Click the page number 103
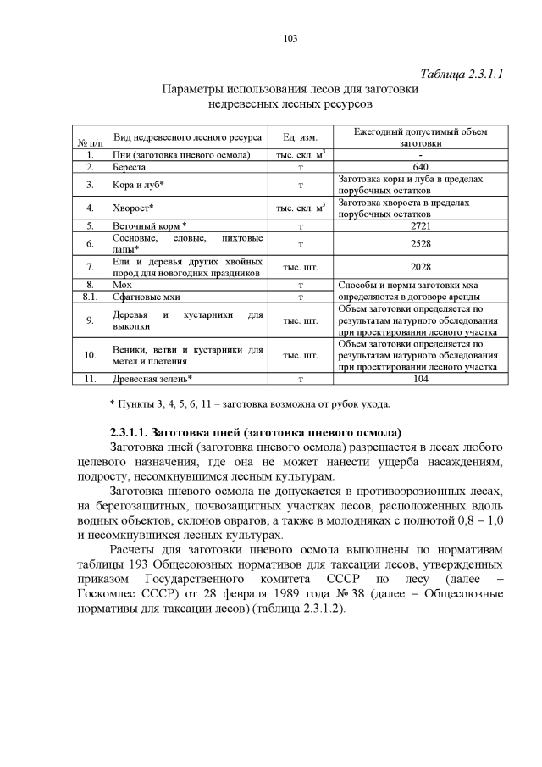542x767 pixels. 271,38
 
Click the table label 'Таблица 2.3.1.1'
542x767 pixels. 462,74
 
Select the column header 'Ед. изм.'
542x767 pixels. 301,138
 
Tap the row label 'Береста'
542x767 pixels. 130,168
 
